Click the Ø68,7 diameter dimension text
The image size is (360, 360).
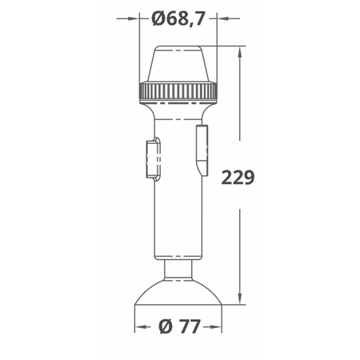[x=178, y=18]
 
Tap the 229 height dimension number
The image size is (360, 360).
[x=238, y=178]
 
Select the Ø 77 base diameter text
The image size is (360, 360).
[x=179, y=326]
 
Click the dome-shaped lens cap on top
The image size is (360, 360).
[x=178, y=63]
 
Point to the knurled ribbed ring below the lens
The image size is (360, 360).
[x=178, y=91]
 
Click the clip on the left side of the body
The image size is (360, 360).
[x=153, y=159]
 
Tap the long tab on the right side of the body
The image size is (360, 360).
[x=202, y=150]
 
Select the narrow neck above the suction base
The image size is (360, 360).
[x=178, y=270]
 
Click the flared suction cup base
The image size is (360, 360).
[x=178, y=292]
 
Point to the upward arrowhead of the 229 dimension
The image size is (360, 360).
[x=240, y=53]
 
